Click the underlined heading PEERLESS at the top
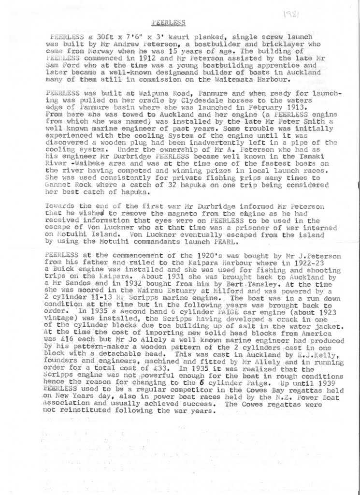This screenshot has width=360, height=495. click(167, 22)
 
